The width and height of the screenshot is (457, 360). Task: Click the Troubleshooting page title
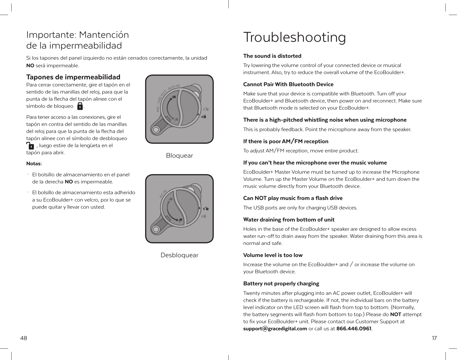(294, 38)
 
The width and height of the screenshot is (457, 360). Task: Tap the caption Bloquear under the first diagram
(179, 156)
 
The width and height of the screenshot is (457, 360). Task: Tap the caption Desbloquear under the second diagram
(179, 255)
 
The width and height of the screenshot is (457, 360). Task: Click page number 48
(24, 338)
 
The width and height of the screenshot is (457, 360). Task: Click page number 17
(434, 338)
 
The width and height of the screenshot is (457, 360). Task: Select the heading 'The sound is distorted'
(272, 56)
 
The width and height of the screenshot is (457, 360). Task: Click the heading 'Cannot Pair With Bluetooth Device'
(288, 84)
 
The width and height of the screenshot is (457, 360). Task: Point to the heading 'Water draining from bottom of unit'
(289, 220)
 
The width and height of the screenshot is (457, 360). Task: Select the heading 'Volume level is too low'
(273, 255)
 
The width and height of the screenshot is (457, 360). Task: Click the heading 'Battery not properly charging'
(281, 284)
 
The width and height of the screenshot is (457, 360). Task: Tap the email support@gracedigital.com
(275, 329)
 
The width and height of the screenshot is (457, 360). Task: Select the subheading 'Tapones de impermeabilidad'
(73, 77)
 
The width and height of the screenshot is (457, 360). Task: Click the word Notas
(34, 164)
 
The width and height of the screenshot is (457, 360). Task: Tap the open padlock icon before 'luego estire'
(30, 146)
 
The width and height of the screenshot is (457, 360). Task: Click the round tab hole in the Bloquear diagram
(156, 129)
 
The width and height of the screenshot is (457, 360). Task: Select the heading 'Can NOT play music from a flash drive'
(293, 198)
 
